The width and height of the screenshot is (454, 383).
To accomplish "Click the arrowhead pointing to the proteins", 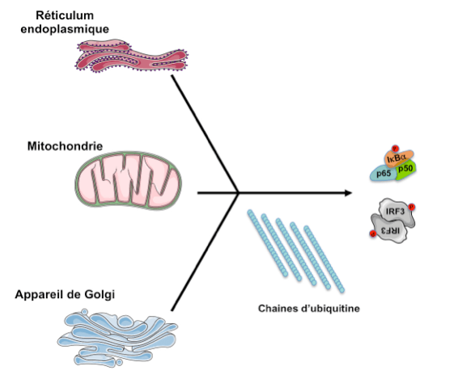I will [x=348, y=193].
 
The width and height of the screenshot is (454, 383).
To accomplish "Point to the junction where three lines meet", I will [x=238, y=193].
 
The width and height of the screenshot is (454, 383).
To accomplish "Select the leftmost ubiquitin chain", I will [x=266, y=242].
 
